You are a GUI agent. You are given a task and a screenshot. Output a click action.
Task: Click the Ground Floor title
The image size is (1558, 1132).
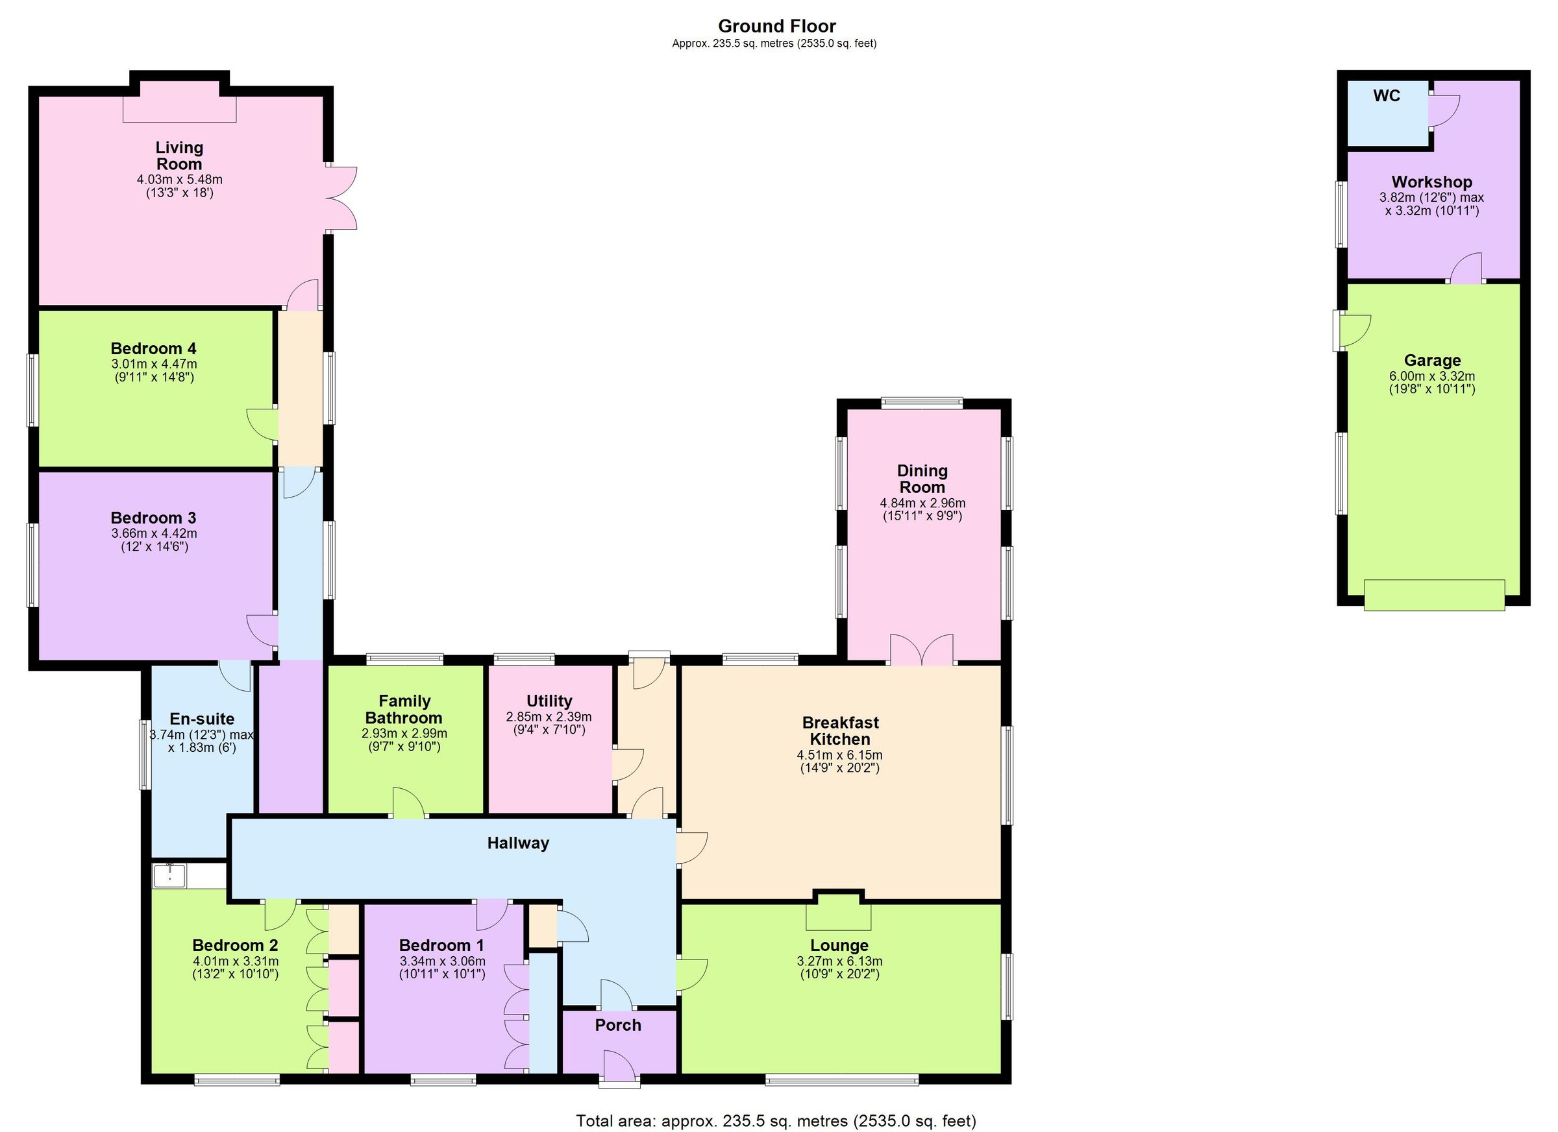pyautogui.click(x=776, y=26)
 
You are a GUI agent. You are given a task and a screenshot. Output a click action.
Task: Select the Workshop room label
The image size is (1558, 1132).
pyautogui.click(x=1431, y=182)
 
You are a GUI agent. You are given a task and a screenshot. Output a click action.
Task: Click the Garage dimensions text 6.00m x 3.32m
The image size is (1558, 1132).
pyautogui.click(x=1431, y=376)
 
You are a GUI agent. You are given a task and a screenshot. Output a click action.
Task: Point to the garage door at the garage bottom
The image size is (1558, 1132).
pyautogui.click(x=1433, y=594)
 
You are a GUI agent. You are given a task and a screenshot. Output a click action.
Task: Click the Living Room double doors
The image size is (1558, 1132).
pyautogui.click(x=342, y=198)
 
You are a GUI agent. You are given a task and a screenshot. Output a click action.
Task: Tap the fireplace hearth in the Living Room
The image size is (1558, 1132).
pyautogui.click(x=179, y=109)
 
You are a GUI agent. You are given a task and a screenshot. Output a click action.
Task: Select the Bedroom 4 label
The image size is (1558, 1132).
pyautogui.click(x=153, y=348)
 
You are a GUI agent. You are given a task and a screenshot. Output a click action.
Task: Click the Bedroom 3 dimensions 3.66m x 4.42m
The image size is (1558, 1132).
pyautogui.click(x=154, y=533)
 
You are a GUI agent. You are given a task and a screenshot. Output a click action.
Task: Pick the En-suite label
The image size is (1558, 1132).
pyautogui.click(x=202, y=718)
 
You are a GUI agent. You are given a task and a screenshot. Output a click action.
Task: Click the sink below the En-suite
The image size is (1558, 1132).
pyautogui.click(x=169, y=876)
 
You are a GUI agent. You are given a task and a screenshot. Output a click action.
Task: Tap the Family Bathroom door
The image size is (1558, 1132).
pyautogui.click(x=409, y=803)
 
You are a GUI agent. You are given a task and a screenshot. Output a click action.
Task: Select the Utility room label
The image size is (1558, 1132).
pyautogui.click(x=549, y=700)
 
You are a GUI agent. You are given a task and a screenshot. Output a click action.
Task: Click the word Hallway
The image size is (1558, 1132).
pyautogui.click(x=518, y=843)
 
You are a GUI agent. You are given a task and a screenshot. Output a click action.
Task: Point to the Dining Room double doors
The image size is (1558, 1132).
pyautogui.click(x=922, y=650)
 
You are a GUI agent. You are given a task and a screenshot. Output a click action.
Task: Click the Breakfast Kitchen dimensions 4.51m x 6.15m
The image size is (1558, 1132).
pyautogui.click(x=839, y=754)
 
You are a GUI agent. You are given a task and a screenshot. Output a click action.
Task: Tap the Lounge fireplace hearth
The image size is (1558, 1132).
pyautogui.click(x=838, y=917)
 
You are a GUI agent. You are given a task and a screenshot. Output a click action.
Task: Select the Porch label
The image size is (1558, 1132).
pyautogui.click(x=617, y=1025)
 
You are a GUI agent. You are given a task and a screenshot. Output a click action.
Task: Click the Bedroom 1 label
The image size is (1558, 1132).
pyautogui.click(x=441, y=945)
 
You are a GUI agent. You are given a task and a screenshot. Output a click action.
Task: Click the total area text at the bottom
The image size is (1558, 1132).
pyautogui.click(x=776, y=1121)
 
